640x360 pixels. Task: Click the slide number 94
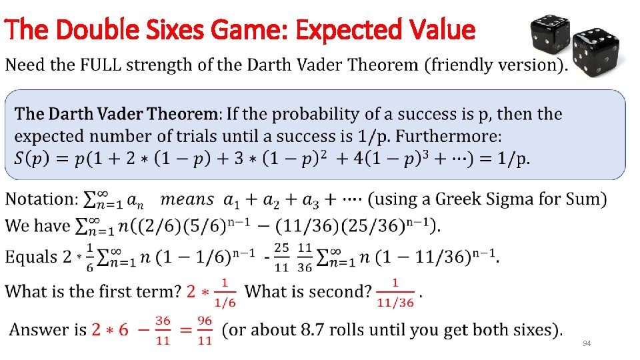tap(587, 343)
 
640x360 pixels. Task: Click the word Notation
tap(42, 199)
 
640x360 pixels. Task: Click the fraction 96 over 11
tap(205, 330)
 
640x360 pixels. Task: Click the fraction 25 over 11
tap(282, 257)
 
